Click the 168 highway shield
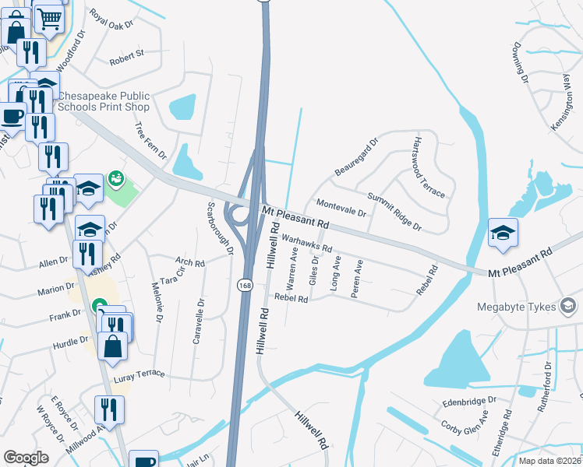(x=245, y=286)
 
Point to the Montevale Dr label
(x=341, y=208)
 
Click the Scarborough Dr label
(x=221, y=228)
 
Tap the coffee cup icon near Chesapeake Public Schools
(x=12, y=117)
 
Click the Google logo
(x=26, y=457)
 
